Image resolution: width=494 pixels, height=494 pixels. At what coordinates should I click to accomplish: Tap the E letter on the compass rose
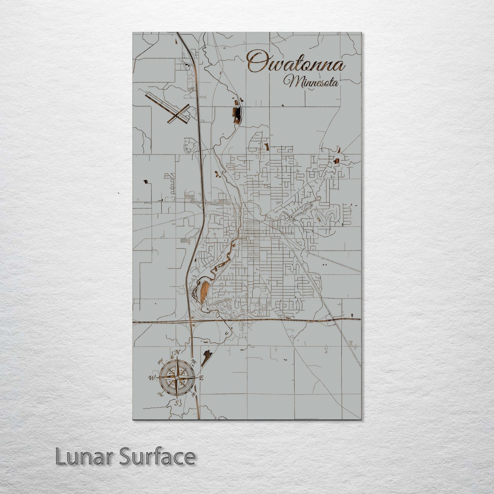(201, 378)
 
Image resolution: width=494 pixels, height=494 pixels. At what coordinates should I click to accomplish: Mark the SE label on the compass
(193, 394)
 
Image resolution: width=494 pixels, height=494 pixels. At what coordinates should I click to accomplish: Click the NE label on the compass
(194, 362)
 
